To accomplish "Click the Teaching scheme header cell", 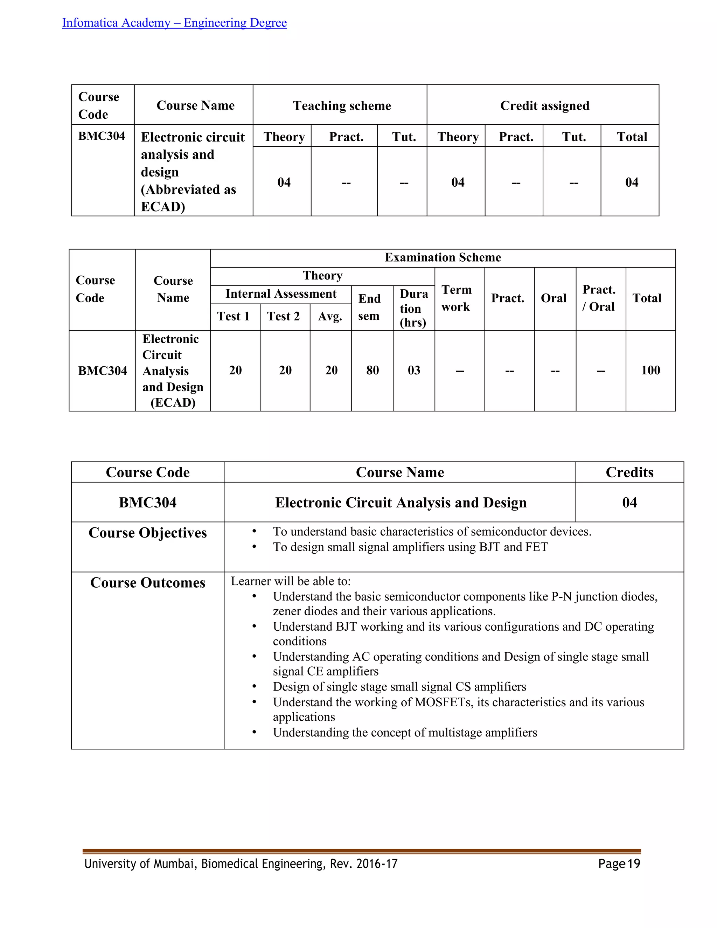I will point(342,105).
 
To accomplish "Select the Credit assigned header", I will point(544,105).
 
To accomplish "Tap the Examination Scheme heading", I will point(443,257).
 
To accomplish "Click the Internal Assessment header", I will point(281,293).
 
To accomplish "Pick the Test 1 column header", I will point(233,316).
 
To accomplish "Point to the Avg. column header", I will point(330,317).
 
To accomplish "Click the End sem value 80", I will point(373,370).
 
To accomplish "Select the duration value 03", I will point(414,370).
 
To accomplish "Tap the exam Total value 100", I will point(650,370).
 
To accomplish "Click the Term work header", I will point(457,298).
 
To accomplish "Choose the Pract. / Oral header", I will point(599,298).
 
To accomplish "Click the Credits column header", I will point(629,472).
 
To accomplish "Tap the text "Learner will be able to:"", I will point(291,581).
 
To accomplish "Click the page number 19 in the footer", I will point(633,864).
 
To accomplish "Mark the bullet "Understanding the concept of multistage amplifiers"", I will point(405,733).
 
